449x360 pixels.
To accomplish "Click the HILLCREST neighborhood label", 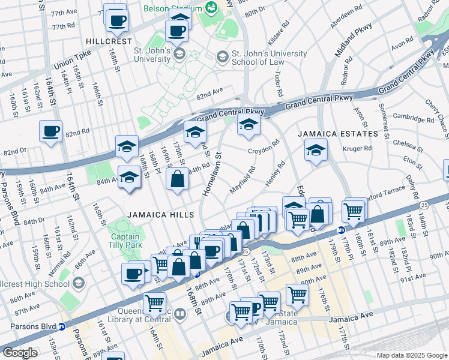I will (109, 41).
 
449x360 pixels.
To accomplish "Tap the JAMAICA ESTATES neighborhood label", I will (340, 133).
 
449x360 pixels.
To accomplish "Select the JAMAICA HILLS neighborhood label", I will (160, 215).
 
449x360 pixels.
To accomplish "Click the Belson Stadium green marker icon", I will (211, 7).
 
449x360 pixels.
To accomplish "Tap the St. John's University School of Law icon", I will (221, 57).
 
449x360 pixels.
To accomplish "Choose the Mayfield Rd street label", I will (243, 180).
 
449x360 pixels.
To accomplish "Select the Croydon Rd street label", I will (264, 146).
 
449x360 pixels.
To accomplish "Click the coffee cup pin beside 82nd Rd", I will (50, 131).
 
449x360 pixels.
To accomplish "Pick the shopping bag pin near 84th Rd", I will (178, 179).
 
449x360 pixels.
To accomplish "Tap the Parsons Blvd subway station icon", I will (61, 327).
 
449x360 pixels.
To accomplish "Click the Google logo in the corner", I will (20, 353).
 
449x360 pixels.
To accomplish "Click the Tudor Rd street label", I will (277, 84).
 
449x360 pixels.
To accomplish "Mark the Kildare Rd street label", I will (280, 33).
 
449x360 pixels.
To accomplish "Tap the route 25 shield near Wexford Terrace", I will (424, 205).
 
